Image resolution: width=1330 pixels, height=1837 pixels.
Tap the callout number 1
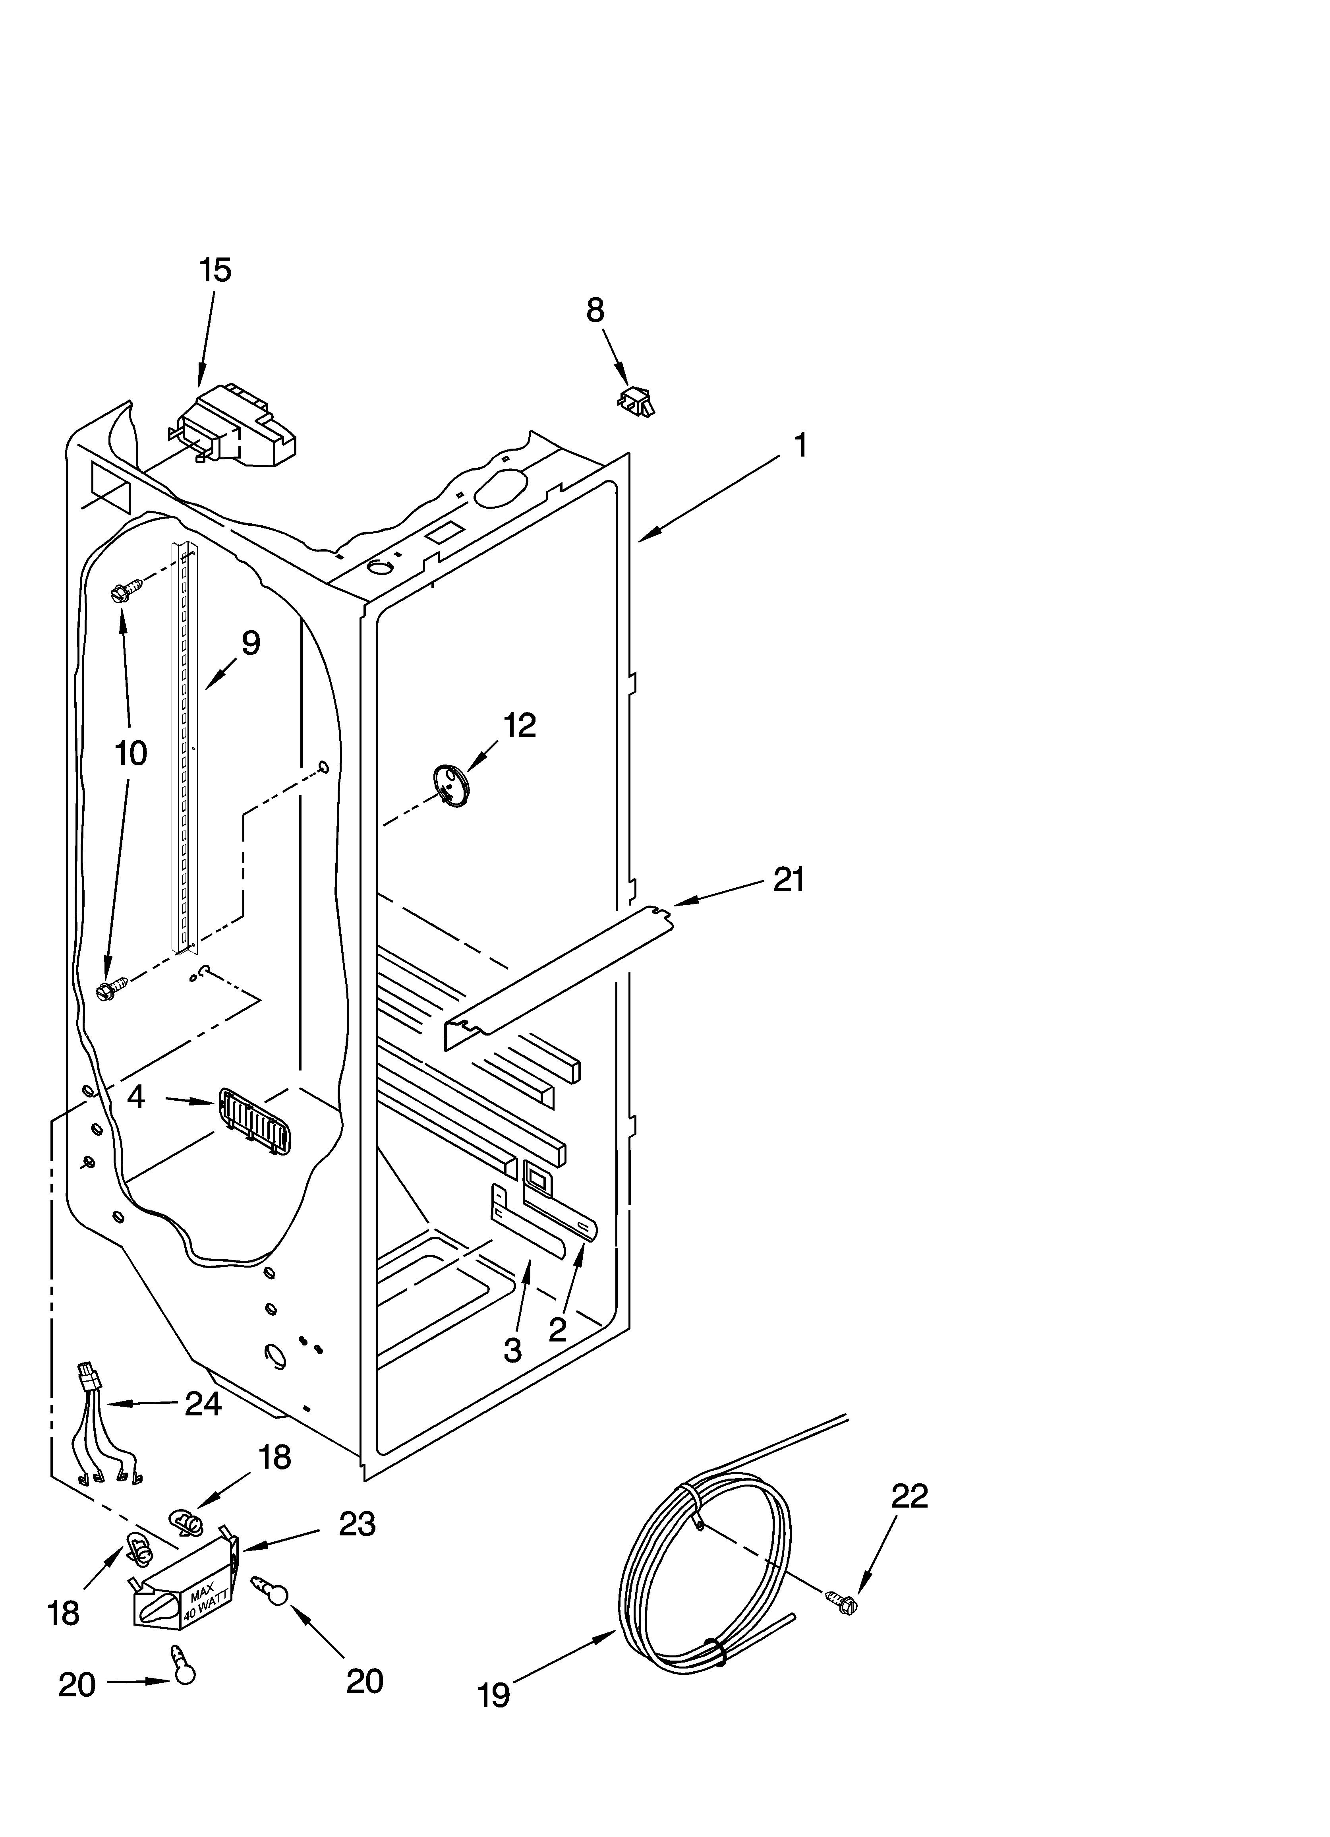click(x=799, y=445)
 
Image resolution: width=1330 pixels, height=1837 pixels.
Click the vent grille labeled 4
click(x=253, y=1121)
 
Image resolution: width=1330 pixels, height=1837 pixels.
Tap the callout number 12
click(x=519, y=725)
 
